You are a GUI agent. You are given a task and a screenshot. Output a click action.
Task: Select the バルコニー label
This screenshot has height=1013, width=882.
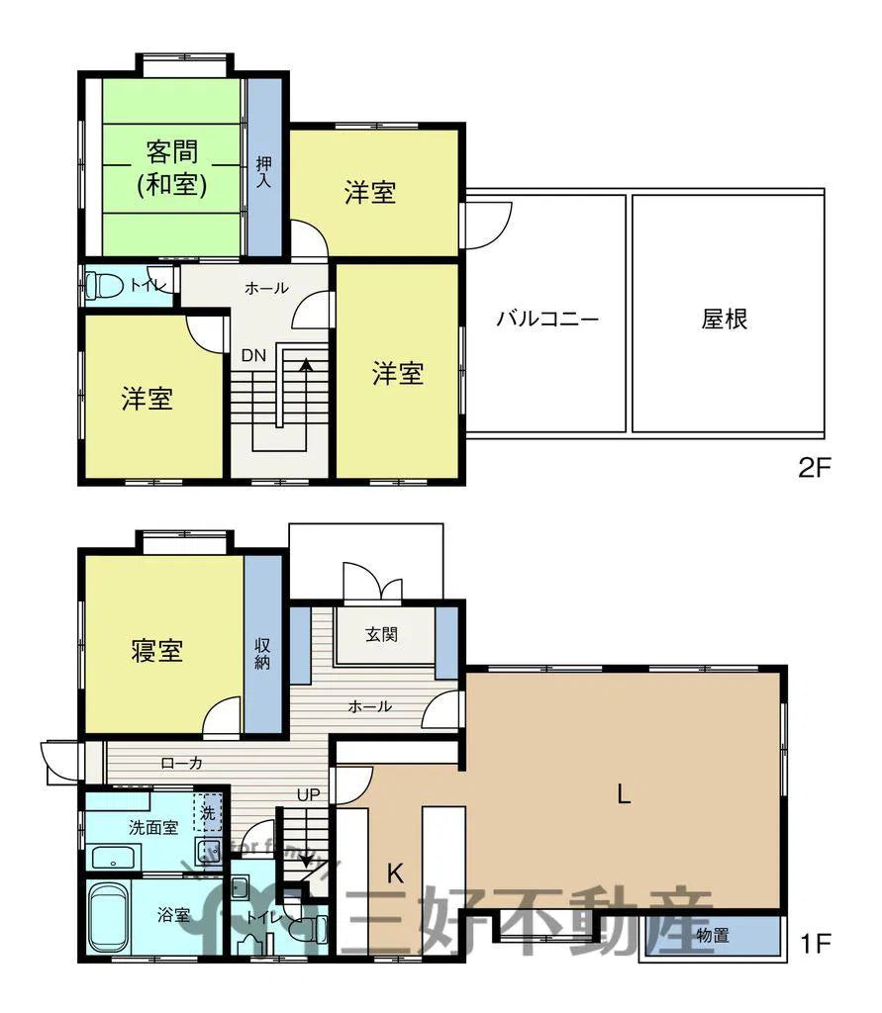click(x=547, y=319)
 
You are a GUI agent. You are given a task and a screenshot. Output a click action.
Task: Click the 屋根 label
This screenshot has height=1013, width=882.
click(x=725, y=319)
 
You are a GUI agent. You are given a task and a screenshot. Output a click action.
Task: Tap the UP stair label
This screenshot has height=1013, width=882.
click(x=308, y=793)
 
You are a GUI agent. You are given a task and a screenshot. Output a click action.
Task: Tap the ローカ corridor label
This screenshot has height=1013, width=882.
click(x=181, y=763)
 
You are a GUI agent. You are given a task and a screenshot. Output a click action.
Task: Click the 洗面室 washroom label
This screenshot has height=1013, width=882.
click(x=152, y=826)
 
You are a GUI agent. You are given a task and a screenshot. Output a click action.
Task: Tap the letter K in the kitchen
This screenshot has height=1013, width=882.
click(x=394, y=873)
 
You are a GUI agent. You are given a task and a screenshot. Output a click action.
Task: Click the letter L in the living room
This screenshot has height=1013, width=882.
click(x=623, y=792)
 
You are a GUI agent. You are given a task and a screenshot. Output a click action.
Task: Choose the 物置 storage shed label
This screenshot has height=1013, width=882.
click(x=713, y=934)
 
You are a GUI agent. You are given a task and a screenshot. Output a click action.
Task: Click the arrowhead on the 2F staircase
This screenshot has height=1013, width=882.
click(x=306, y=365)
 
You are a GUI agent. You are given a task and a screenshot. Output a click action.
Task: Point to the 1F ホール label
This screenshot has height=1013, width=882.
click(x=370, y=706)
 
